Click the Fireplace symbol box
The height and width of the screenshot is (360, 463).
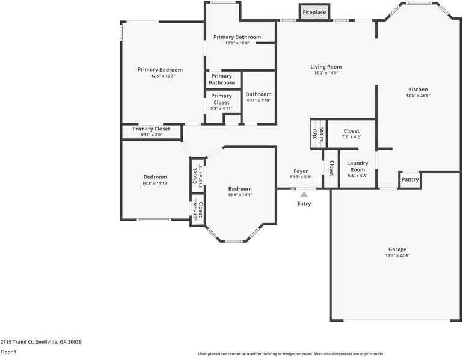(314, 12)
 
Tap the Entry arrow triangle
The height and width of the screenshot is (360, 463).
(304, 194)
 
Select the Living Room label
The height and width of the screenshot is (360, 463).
(326, 67)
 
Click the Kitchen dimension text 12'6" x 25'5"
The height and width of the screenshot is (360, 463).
(418, 96)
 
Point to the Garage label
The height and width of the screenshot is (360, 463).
(397, 249)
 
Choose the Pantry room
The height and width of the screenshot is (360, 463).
(410, 179)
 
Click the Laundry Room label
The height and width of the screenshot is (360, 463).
(358, 166)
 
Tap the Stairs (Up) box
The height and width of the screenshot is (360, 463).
(317, 133)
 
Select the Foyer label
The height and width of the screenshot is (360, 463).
(301, 171)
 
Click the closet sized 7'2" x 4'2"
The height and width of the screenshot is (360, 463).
(352, 133)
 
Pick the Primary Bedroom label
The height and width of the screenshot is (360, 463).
(160, 70)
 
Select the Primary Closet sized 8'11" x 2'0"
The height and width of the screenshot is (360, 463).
(152, 132)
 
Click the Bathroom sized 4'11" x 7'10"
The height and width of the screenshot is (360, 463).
(259, 97)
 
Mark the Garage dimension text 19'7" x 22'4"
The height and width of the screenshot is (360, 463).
(397, 255)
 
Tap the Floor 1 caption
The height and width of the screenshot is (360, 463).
(8, 352)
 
